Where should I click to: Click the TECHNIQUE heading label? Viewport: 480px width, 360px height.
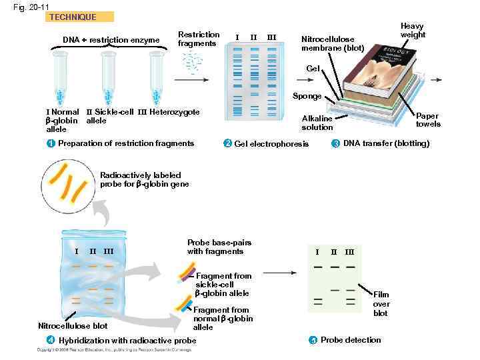pyautogui.click(x=73, y=17)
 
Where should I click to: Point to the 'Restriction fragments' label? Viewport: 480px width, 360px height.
pyautogui.click(x=198, y=39)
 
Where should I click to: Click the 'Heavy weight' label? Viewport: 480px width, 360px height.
pyautogui.click(x=413, y=30)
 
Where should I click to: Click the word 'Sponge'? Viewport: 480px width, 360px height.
pyautogui.click(x=307, y=96)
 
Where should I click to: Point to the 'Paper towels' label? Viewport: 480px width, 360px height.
pyautogui.click(x=427, y=120)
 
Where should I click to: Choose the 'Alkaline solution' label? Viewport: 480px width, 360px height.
pyautogui.click(x=317, y=122)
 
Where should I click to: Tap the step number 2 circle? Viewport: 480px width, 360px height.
pyautogui.click(x=227, y=144)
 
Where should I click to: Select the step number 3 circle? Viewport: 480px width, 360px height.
pyautogui.click(x=335, y=143)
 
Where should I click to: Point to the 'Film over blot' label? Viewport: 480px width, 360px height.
pyautogui.click(x=381, y=303)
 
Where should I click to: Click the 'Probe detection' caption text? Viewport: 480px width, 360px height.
pyautogui.click(x=351, y=340)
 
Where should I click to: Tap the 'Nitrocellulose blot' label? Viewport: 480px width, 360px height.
pyautogui.click(x=73, y=326)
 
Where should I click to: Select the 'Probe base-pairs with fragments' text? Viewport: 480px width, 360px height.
pyautogui.click(x=215, y=247)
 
